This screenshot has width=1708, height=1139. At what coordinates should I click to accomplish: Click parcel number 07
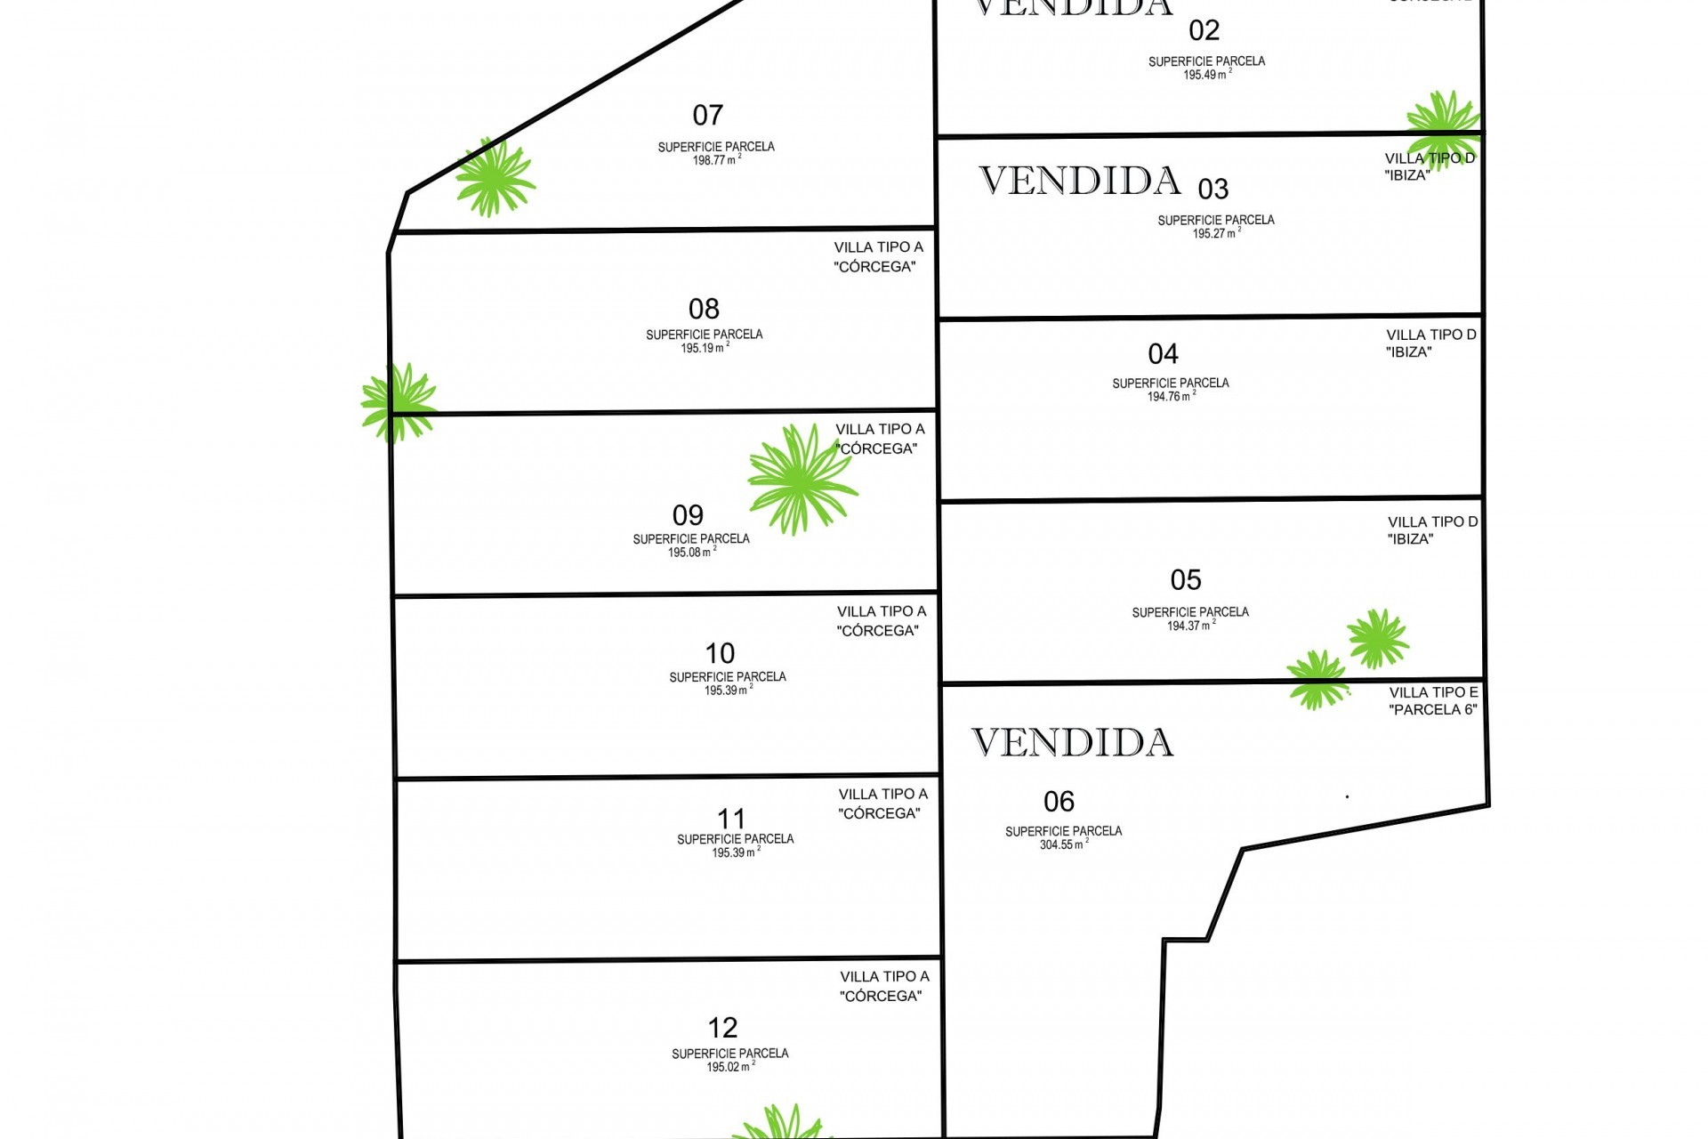coord(707,116)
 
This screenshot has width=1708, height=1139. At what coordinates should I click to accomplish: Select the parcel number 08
coord(704,310)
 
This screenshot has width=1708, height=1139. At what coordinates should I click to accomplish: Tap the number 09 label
coord(688,515)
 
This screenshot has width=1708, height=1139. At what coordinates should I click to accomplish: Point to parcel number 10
coord(720,654)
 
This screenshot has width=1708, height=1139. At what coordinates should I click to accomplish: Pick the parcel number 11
coord(731,819)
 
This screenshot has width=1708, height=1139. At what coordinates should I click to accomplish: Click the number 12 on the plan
coord(722,1029)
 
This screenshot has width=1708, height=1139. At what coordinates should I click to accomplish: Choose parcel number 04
coord(1163,354)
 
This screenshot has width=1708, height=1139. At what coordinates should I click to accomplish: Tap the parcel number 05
coord(1186,580)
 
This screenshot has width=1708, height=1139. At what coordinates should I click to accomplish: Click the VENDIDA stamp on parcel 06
coord(1072,743)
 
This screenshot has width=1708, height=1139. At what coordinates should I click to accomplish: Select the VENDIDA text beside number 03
coord(1080,181)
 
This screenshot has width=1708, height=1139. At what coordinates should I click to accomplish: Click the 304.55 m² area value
coord(1062,845)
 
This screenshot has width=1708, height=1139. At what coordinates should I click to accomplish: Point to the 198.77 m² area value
coord(715,161)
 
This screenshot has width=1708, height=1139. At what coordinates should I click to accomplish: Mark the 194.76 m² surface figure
coord(1170,397)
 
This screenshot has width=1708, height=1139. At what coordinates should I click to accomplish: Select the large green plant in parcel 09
coord(801,479)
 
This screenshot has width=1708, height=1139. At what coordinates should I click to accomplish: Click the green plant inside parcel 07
coord(495,177)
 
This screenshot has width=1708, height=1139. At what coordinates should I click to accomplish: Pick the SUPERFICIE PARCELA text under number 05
coord(1190,612)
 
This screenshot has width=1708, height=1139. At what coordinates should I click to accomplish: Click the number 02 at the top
coord(1204,31)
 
